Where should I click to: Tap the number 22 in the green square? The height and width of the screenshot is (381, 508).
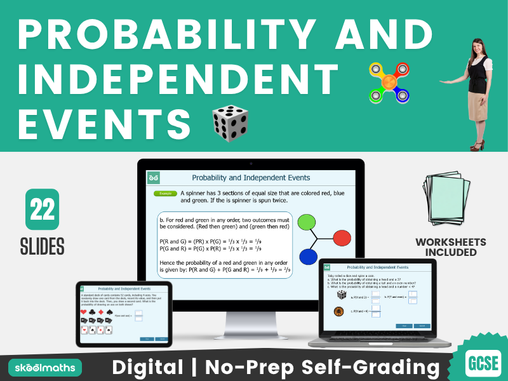(x=42, y=209)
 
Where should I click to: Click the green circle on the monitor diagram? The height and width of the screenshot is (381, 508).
(x=307, y=222)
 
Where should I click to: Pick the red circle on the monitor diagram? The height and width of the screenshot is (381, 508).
(x=342, y=238)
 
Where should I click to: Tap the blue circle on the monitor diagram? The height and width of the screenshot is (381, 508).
(x=308, y=256)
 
